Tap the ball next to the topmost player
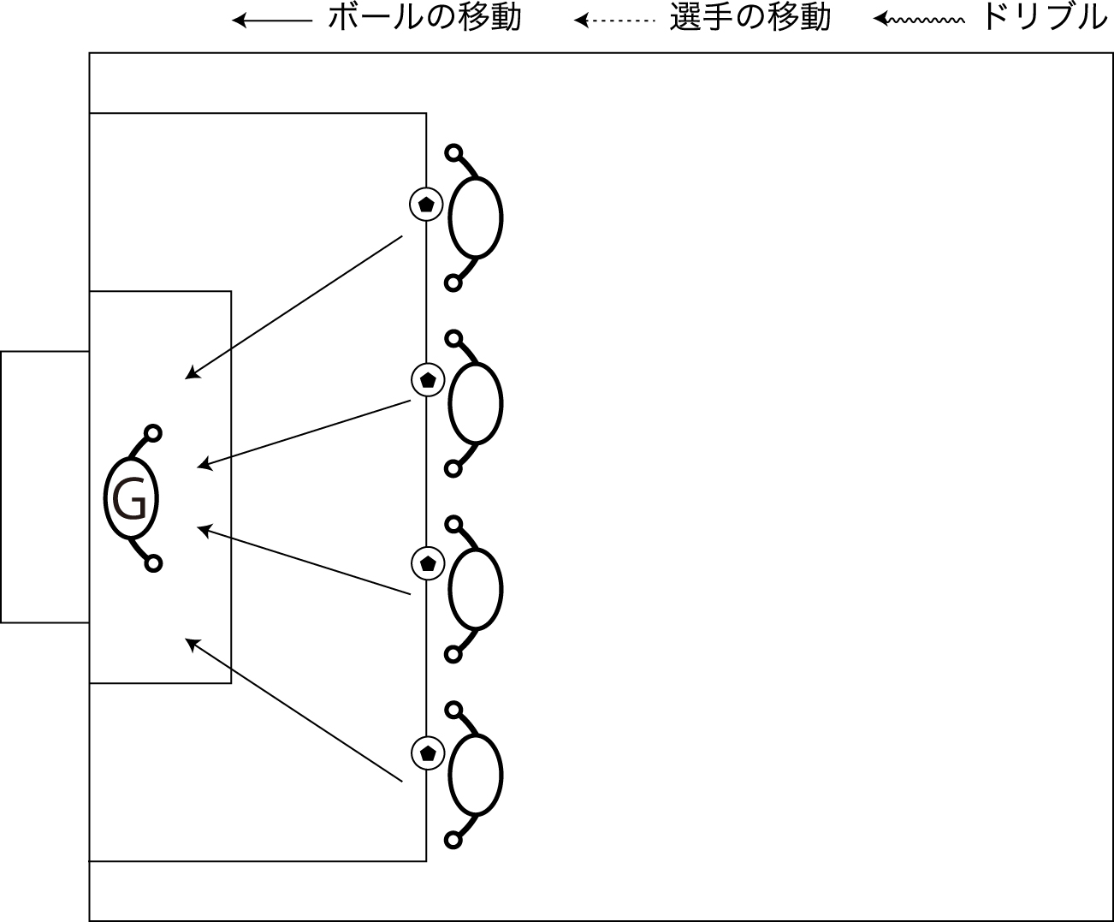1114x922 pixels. [426, 204]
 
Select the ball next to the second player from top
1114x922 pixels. [428, 379]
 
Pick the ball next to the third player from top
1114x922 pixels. [427, 563]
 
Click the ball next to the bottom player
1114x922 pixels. [428, 752]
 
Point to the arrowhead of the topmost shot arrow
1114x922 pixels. [191, 374]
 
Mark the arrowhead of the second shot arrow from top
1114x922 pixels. [204, 465]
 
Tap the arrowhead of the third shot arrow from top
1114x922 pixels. [204, 530]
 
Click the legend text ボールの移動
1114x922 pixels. [424, 18]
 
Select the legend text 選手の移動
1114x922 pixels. [750, 18]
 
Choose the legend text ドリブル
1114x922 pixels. [1046, 18]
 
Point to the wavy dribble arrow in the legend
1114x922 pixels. [919, 20]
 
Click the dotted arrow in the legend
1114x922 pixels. [614, 21]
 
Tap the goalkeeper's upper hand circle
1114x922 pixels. [153, 433]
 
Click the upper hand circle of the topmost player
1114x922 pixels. [453, 152]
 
